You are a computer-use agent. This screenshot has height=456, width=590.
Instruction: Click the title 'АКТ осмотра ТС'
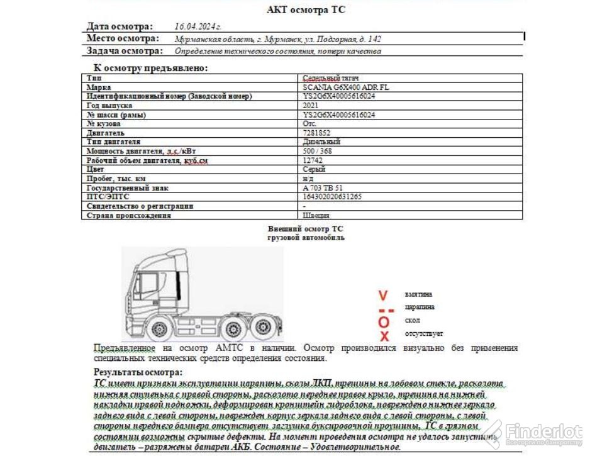[x=306, y=9]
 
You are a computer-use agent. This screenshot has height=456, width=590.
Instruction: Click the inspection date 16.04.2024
[x=198, y=26]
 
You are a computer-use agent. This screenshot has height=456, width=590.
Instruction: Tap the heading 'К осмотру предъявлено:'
[x=150, y=68]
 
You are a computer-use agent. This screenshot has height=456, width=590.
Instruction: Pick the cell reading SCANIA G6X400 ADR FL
[x=345, y=87]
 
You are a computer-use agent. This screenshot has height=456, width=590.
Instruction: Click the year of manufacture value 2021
[x=310, y=106]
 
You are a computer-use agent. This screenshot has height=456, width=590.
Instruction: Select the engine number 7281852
[x=316, y=133]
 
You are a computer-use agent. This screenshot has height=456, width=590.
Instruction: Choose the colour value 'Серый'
[x=314, y=169]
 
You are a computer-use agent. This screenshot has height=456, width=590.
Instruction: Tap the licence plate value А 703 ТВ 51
[x=323, y=187]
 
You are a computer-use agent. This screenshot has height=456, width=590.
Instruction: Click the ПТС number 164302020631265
[x=332, y=196]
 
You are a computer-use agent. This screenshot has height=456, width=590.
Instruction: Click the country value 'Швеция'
[x=316, y=215]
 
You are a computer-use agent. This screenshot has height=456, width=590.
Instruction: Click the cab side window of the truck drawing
[x=148, y=287]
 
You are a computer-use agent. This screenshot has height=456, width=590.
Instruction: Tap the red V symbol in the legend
[x=382, y=294]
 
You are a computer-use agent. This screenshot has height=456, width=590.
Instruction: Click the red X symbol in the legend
[x=384, y=336]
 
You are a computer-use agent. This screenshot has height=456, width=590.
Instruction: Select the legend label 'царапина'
[x=420, y=308]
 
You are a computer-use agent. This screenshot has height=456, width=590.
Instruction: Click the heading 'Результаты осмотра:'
[x=138, y=372]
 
